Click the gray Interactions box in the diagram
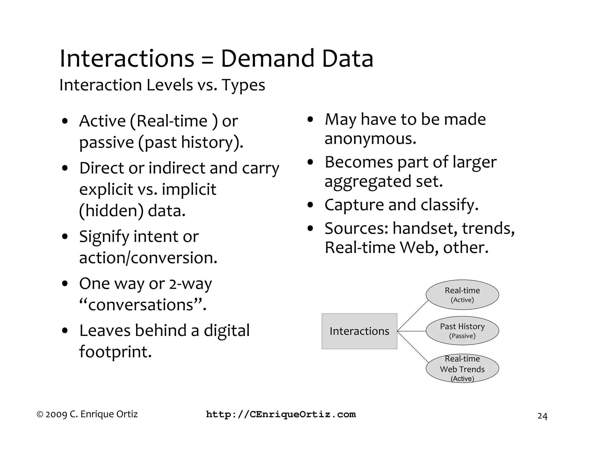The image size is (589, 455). [359, 331]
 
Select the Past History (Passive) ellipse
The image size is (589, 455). [462, 331]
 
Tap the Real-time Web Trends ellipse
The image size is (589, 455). [462, 368]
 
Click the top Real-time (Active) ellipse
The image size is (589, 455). [462, 295]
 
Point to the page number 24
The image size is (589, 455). [542, 416]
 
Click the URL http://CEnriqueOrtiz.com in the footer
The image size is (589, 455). [281, 414]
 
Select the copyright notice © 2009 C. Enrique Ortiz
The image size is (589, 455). [87, 414]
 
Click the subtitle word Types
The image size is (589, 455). [243, 85]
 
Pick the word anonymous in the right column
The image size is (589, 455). [370, 139]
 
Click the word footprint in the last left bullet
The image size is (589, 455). [115, 351]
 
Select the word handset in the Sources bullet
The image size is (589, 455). [425, 228]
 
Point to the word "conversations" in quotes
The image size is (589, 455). [143, 305]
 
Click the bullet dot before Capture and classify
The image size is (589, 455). [310, 205]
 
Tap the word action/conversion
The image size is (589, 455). [148, 258]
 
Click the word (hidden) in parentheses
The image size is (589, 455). [111, 211]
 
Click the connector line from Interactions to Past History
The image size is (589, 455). [412, 331]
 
